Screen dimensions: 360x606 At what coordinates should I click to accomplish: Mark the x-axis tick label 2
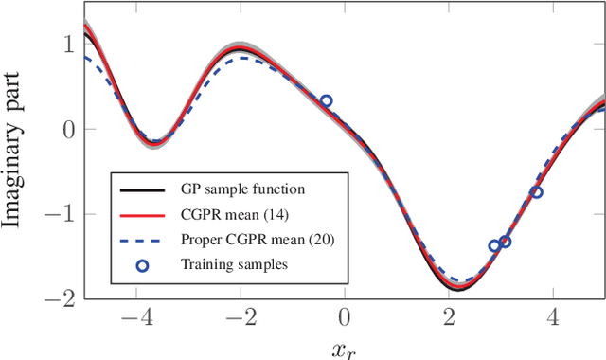tap(449, 315)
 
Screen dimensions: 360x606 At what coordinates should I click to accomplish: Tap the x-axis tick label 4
tap(554, 315)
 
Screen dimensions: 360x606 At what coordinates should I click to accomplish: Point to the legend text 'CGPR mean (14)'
tap(231, 216)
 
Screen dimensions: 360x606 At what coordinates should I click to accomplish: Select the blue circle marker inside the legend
tap(142, 266)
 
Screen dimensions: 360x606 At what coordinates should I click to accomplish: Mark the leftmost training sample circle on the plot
tap(326, 101)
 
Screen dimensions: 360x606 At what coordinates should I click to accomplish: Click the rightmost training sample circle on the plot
tap(537, 192)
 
